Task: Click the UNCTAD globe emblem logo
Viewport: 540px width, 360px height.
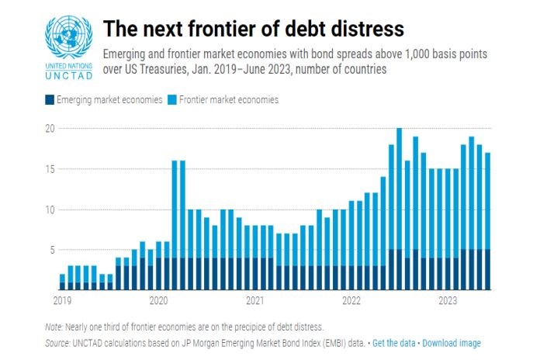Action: click(x=68, y=36)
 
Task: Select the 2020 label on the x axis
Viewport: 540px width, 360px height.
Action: click(x=158, y=300)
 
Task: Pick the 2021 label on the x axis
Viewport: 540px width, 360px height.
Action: click(x=254, y=300)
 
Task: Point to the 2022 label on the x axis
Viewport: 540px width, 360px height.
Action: click(x=351, y=300)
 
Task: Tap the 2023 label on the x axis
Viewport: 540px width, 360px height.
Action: click(x=447, y=300)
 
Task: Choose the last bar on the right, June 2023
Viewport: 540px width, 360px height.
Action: click(x=487, y=221)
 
